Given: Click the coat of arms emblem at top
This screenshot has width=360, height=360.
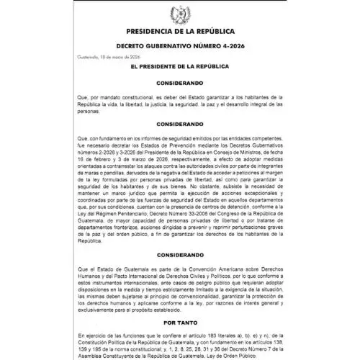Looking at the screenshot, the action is tap(180, 13).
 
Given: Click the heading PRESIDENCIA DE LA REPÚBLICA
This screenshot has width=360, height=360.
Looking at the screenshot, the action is tap(180, 31).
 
